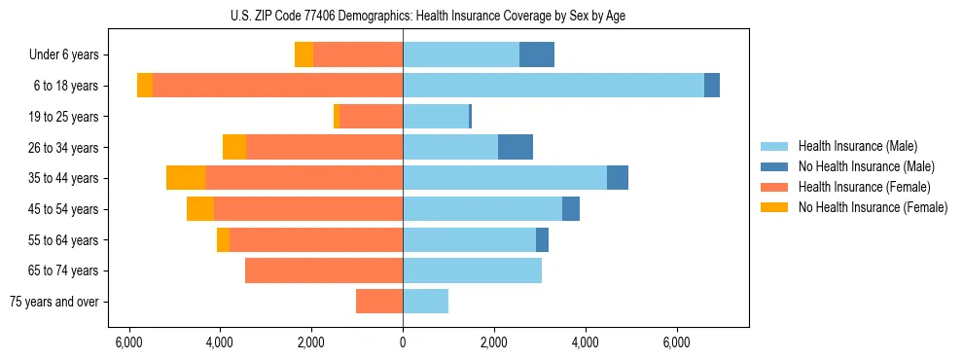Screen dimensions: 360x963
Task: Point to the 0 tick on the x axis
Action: tap(403, 342)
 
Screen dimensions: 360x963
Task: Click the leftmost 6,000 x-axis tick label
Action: tap(128, 342)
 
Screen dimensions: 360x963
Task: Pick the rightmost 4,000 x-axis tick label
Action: tap(586, 342)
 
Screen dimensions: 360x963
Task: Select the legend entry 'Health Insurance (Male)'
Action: tap(857, 146)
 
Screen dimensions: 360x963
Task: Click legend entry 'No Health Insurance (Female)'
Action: tap(873, 207)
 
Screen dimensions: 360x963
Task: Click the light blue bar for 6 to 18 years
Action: tap(553, 86)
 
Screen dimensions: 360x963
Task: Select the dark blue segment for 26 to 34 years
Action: tap(516, 147)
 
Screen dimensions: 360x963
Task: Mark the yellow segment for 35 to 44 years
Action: tap(186, 178)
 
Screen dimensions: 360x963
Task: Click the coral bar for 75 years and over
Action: tap(379, 302)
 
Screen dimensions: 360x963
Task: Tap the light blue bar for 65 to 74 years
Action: tap(472, 270)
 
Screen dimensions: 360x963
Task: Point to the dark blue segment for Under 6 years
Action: tap(537, 54)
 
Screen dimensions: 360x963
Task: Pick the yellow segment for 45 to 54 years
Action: tap(200, 209)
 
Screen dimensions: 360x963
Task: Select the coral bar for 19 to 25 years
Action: tap(371, 117)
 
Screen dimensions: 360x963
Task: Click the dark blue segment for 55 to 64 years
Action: tap(542, 239)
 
